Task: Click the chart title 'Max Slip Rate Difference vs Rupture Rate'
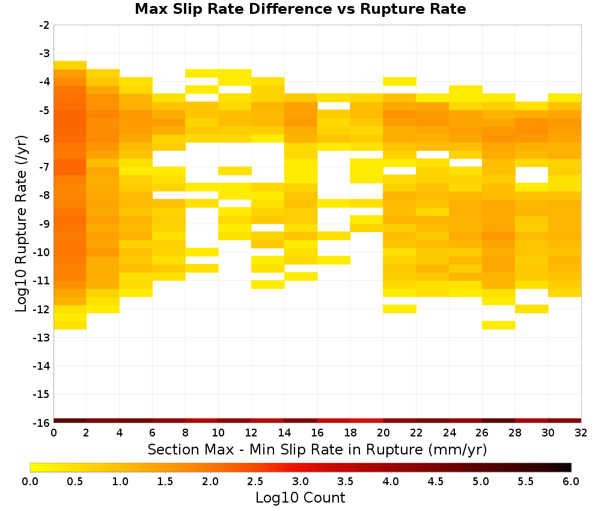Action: pos(300,9)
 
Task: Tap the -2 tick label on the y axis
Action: pos(44,25)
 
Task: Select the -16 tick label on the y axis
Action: pos(41,423)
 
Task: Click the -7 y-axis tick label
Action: pos(44,167)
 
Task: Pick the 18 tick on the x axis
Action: pos(350,433)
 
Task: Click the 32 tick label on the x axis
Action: pos(581,433)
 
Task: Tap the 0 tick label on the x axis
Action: pos(53,433)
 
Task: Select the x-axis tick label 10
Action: pos(219,433)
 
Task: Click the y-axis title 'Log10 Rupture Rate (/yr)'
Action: pos(22,224)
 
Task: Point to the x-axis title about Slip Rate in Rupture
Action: pos(317,449)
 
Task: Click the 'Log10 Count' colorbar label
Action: pos(300,498)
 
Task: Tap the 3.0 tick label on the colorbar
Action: pos(300,481)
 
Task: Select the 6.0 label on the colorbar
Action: pos(571,481)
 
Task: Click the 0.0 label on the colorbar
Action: pos(30,481)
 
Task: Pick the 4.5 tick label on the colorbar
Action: pos(436,481)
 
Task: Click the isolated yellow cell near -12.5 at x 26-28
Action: pos(499,325)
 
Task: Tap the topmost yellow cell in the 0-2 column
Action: pos(70,65)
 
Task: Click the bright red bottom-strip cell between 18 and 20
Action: pos(367,421)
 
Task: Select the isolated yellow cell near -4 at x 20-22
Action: pos(400,81)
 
